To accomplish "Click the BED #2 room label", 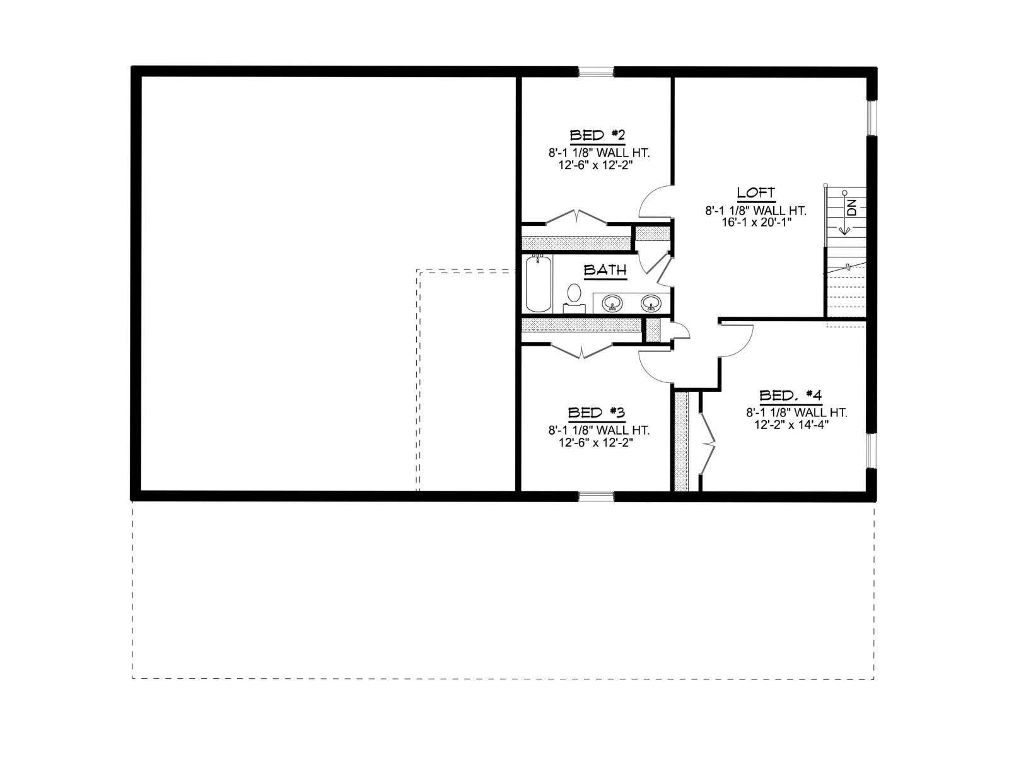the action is tap(597, 136).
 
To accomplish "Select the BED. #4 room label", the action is tap(790, 395).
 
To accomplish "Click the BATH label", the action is tap(605, 270).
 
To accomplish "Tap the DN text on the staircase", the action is tap(852, 208).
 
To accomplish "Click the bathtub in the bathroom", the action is tap(539, 284).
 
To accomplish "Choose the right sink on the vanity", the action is tap(651, 303).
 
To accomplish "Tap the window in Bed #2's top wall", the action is tap(596, 72).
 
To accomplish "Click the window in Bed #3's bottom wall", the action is tap(596, 496).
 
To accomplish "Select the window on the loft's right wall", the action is tap(871, 118).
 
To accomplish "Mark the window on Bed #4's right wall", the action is tap(871, 450).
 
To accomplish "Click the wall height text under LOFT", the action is tap(756, 211).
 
